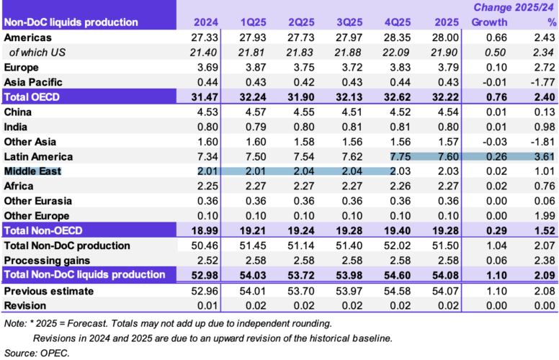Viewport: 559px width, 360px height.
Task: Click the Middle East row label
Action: pyautogui.click(x=33, y=171)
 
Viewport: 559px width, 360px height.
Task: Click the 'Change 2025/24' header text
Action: pyautogui.click(x=514, y=8)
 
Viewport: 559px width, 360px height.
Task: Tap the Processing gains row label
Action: pyautogui.click(x=45, y=259)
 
